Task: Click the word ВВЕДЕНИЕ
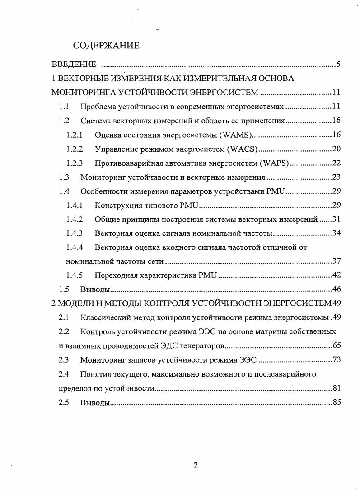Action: tap(74, 64)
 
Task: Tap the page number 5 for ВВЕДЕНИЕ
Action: tap(338, 64)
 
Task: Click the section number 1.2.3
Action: tap(74, 163)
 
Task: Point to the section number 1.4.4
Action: tap(74, 247)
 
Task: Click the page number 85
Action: tap(336, 402)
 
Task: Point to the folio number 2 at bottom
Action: tap(196, 466)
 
